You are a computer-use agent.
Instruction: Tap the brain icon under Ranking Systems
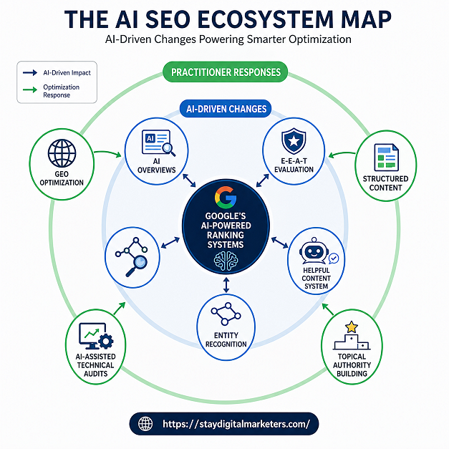tap(225, 262)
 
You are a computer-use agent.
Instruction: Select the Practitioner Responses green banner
tap(226, 72)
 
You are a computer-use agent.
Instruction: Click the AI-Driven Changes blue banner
tap(224, 110)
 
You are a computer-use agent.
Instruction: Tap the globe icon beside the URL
tap(146, 424)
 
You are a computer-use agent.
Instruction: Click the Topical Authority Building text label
tap(351, 364)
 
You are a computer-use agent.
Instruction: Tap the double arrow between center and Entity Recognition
tap(226, 285)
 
